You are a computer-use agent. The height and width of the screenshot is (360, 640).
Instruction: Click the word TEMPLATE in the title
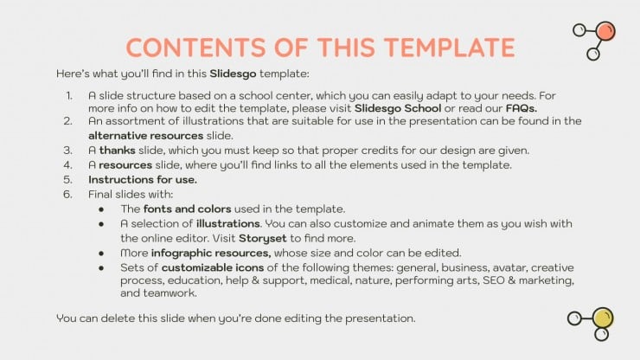pyautogui.click(x=450, y=48)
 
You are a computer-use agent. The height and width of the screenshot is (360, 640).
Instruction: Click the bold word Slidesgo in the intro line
pyautogui.click(x=233, y=74)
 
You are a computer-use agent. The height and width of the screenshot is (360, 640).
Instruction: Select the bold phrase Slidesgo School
pyautogui.click(x=398, y=108)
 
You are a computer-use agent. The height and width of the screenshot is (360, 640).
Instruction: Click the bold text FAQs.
pyautogui.click(x=522, y=108)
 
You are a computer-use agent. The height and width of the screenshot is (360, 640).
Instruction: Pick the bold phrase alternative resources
pyautogui.click(x=145, y=136)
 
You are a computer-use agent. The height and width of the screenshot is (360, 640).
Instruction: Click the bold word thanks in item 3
pyautogui.click(x=117, y=151)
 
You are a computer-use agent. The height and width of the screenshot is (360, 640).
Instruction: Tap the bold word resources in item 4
pyautogui.click(x=125, y=165)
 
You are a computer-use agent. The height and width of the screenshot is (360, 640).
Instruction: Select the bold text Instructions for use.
pyautogui.click(x=143, y=180)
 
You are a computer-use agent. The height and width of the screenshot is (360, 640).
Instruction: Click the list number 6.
pyautogui.click(x=67, y=195)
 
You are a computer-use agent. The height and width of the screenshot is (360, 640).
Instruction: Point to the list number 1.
pyautogui.click(x=69, y=95)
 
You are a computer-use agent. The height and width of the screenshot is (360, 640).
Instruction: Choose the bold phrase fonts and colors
pyautogui.click(x=188, y=209)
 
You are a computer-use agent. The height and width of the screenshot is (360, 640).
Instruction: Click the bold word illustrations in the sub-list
pyautogui.click(x=228, y=224)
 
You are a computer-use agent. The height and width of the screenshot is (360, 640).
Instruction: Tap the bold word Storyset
pyautogui.click(x=262, y=239)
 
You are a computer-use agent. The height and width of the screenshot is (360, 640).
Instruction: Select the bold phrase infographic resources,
pyautogui.click(x=211, y=254)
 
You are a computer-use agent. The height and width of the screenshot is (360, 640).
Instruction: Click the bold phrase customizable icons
pyautogui.click(x=213, y=268)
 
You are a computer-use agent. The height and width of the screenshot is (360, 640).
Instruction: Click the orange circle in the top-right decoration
pyautogui.click(x=605, y=31)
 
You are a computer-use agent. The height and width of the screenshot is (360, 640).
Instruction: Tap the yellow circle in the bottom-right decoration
pyautogui.click(x=603, y=318)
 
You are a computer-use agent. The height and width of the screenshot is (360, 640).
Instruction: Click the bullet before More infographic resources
pyautogui.click(x=101, y=254)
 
